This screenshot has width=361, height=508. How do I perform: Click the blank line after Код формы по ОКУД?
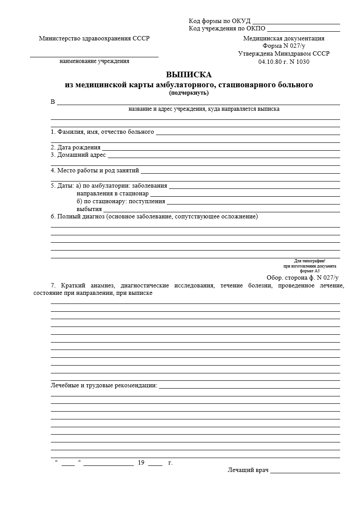coord(296,23)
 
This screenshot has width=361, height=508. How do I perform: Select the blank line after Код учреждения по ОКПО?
coord(303,31)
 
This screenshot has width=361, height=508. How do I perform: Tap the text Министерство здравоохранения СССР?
coord(94,38)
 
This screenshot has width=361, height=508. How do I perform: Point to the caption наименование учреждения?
coord(94,61)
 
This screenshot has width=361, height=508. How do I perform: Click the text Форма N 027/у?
coord(284,46)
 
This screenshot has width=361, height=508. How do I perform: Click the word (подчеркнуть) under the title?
coord(189,92)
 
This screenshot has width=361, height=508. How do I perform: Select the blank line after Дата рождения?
coord(221,150)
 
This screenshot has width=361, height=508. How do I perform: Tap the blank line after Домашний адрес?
coord(223,157)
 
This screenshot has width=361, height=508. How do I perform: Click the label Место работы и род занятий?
coord(95,171)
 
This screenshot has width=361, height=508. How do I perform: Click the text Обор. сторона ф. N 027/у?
coord(302,277)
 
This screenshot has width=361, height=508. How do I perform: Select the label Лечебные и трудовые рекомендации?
coord(104,386)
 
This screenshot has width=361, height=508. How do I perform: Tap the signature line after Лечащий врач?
coord(305,472)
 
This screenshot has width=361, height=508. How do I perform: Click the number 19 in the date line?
coord(141,463)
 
